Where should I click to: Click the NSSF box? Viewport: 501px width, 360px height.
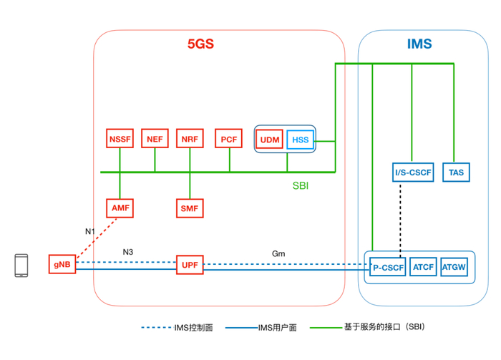point(120,139)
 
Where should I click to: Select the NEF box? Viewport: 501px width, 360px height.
point(155,139)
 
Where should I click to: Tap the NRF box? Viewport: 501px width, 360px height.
point(190,139)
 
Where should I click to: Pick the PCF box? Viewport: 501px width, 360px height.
point(229,139)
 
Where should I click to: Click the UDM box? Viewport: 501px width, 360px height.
point(270,140)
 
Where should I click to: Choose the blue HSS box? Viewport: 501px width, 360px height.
point(300,140)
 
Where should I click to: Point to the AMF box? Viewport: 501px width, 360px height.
point(120,208)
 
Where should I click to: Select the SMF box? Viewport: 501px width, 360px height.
point(190,208)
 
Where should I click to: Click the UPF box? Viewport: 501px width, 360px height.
point(190,266)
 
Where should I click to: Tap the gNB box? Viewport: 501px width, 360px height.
point(62,264)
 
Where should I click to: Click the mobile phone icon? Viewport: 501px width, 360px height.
point(22,266)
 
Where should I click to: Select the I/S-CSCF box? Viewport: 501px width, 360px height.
point(412,172)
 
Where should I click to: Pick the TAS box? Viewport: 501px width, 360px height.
point(456,172)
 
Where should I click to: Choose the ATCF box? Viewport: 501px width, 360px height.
point(424,267)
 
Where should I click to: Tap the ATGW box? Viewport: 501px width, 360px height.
point(454,267)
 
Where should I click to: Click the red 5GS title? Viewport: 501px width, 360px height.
point(201,44)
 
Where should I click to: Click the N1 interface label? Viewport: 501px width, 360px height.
point(90,231)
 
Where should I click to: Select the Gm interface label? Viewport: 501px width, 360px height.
point(279,253)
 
